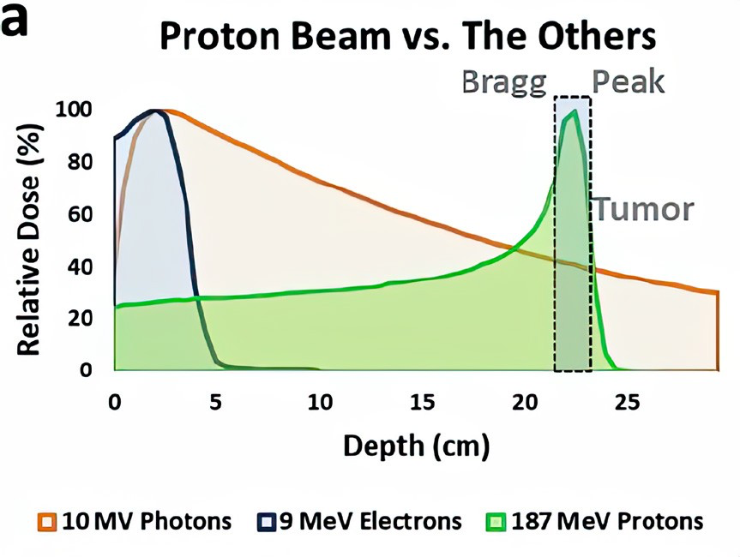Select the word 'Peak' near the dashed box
point(629,82)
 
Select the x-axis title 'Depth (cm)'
point(416,446)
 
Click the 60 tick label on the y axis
point(80,213)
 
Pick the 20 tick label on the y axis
point(80,318)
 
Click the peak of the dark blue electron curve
point(155,111)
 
